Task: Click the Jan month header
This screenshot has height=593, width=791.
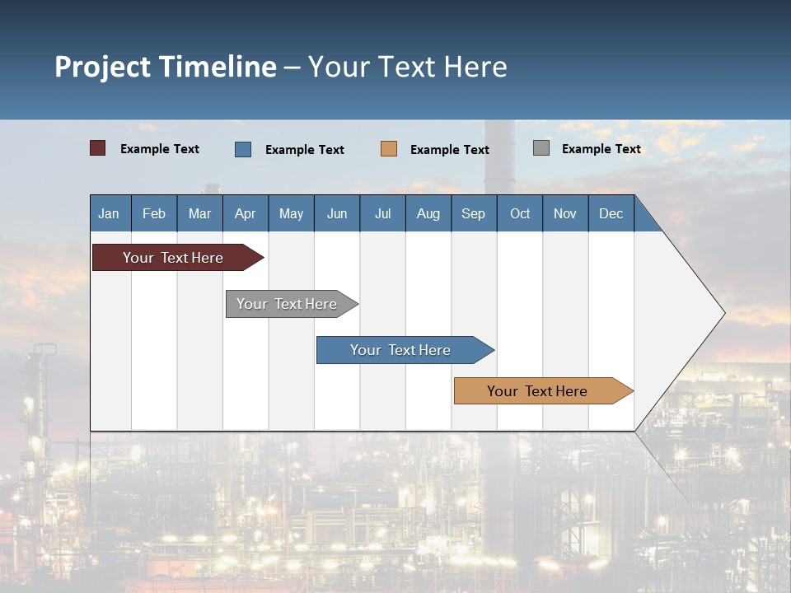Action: (110, 213)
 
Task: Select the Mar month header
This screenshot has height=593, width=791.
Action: (199, 213)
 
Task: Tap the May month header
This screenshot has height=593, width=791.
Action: (291, 213)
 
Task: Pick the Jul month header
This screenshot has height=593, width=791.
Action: (382, 213)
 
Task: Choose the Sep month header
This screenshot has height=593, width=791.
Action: (473, 213)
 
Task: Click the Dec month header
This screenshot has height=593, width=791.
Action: (611, 213)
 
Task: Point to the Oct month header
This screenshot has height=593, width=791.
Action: (520, 213)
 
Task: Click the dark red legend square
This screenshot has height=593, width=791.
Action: (97, 148)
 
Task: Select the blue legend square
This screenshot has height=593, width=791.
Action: (243, 149)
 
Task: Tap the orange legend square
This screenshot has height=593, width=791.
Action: (389, 149)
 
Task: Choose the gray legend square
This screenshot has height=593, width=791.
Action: (541, 148)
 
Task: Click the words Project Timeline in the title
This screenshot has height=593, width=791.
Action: (166, 67)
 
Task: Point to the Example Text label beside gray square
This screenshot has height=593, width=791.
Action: (601, 149)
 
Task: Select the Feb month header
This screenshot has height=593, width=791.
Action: (154, 213)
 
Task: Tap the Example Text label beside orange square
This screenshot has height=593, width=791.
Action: (449, 150)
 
